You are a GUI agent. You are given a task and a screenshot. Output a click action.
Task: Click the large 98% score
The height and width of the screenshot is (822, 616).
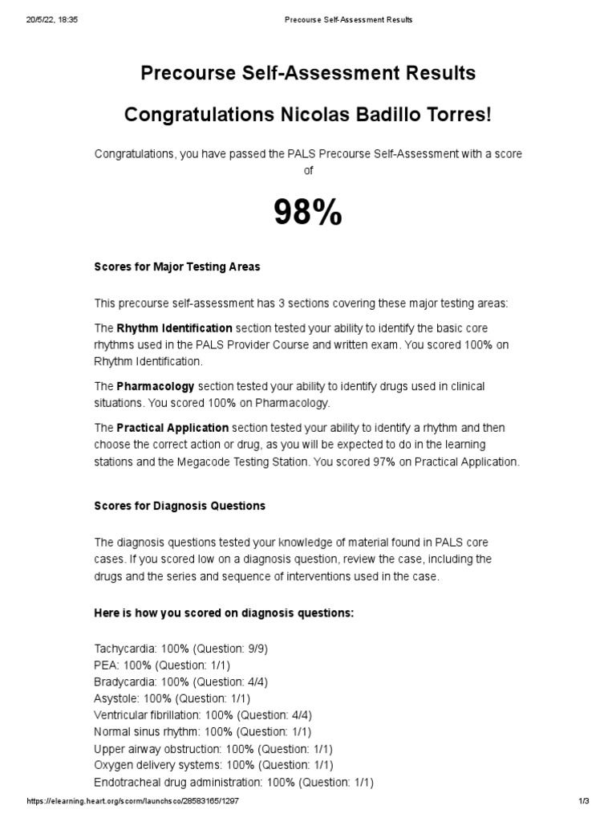pos(308,213)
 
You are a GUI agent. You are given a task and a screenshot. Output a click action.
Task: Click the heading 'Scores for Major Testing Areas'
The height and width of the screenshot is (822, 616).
pos(177,267)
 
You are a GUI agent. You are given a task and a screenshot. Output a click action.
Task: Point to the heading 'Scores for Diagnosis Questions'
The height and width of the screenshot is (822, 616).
pos(180,506)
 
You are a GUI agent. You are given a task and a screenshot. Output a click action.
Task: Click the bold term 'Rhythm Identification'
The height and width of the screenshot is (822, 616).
pos(175,328)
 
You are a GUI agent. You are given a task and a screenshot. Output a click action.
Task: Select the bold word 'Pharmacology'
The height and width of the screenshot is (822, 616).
pos(156,386)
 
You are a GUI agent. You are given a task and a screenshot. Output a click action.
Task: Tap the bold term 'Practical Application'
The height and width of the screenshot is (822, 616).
pos(172,428)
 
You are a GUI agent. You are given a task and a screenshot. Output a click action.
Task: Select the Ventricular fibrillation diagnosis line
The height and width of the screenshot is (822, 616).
pos(203,714)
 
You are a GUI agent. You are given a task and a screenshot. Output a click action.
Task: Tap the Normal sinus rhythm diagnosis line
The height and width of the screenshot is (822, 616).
pos(203,731)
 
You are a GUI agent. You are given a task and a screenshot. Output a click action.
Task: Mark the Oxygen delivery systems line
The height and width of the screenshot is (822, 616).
pos(213,765)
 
